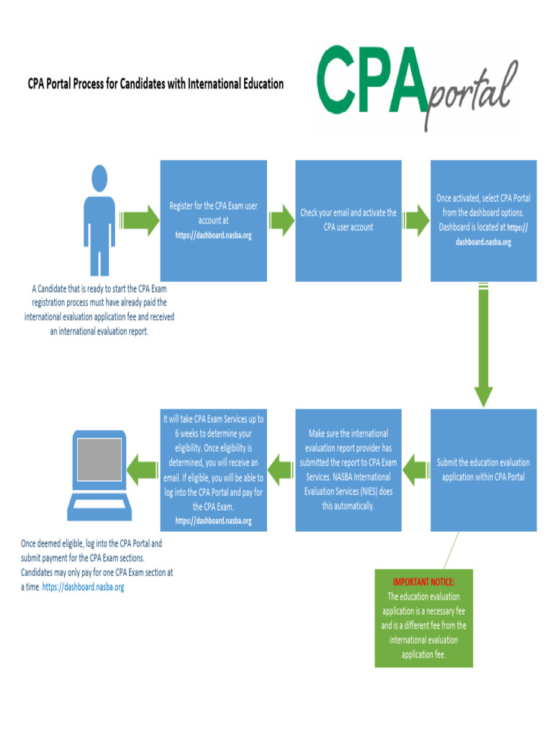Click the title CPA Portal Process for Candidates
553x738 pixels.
[156, 84]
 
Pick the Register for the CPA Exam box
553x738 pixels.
[213, 221]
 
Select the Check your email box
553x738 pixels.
[349, 221]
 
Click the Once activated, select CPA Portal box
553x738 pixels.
[483, 221]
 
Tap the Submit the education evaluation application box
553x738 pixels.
[483, 470]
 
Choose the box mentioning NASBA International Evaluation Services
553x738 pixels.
[349, 470]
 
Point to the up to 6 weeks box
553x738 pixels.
[213, 470]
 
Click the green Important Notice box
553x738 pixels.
[423, 618]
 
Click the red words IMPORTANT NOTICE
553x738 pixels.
[423, 581]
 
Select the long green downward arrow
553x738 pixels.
[483, 346]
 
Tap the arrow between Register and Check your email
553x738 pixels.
[281, 221]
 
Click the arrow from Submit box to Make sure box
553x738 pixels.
[415, 470]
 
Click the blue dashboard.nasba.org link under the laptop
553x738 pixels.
[84, 587]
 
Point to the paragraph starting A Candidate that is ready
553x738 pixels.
[99, 310]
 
